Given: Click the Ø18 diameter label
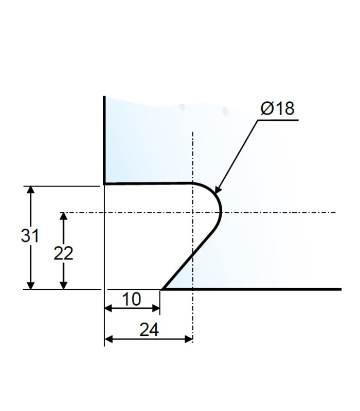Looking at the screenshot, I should [277, 109].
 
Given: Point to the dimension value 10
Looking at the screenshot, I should [132, 299].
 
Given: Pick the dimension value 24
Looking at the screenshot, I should [149, 330].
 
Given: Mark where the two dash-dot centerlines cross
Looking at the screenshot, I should [192, 213].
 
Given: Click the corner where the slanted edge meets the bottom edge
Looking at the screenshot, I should [163, 289].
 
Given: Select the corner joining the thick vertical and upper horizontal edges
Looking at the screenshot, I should [104, 183].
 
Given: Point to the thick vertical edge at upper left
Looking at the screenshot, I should [104, 139].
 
